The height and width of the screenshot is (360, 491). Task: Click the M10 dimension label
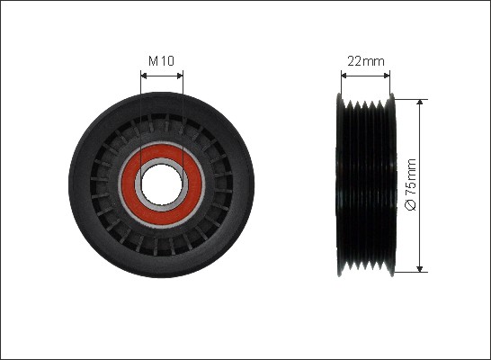click(x=161, y=61)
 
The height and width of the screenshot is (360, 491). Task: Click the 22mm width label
click(x=366, y=61)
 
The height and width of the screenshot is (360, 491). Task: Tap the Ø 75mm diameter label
click(x=411, y=184)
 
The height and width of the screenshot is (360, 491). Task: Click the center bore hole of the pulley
click(x=162, y=184)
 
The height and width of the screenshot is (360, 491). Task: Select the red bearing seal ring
click(x=162, y=184)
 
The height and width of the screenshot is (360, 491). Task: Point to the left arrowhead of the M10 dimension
click(x=144, y=76)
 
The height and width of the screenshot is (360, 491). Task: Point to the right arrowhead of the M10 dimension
click(x=180, y=76)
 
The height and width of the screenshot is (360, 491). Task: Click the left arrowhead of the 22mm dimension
click(x=344, y=76)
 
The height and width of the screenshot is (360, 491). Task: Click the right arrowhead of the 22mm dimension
click(x=387, y=76)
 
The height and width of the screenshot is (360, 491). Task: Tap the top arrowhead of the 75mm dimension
click(x=420, y=103)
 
